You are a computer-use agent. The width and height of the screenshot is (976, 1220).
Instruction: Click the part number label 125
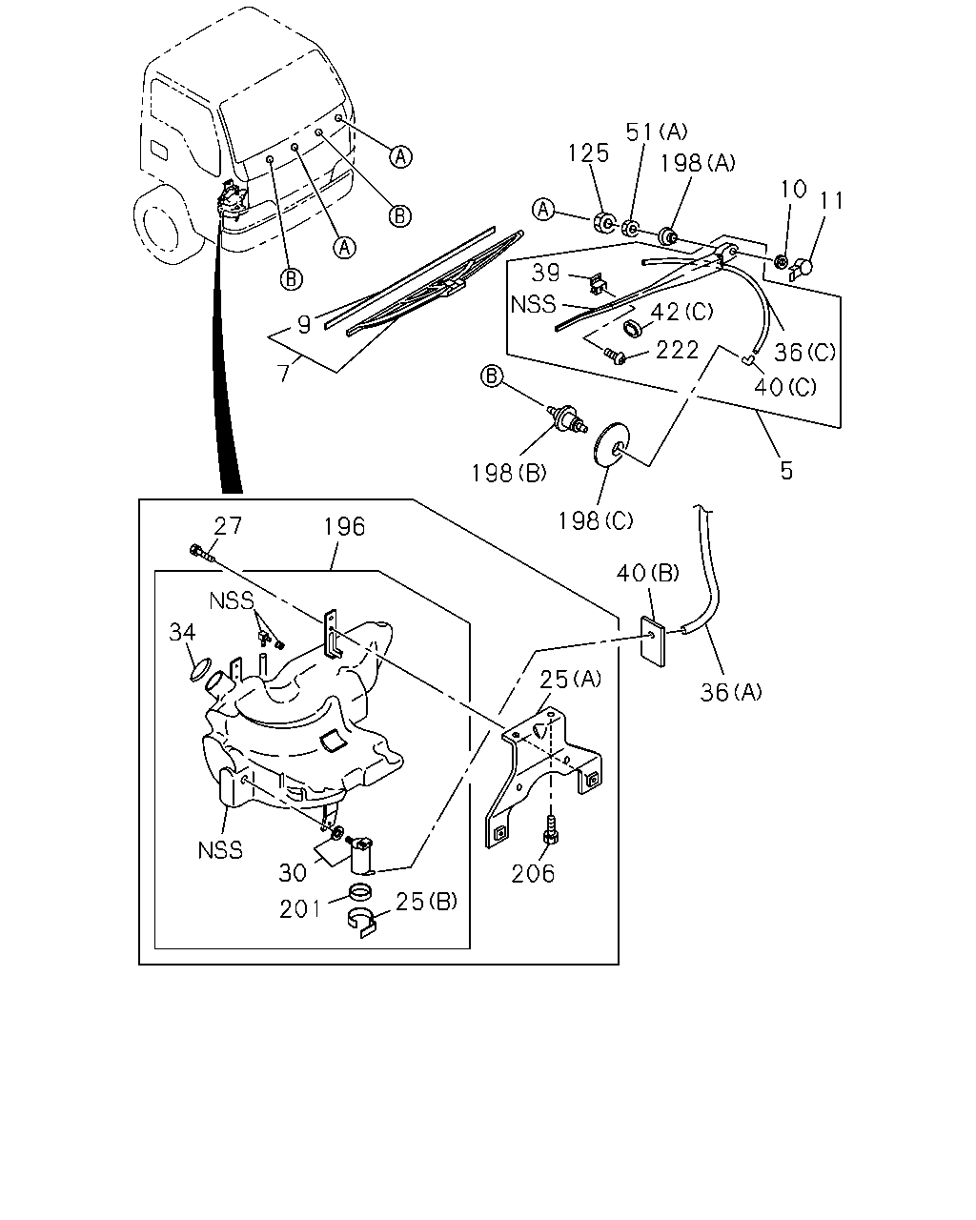point(589,153)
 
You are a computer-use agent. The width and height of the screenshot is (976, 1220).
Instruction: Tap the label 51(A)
point(656,132)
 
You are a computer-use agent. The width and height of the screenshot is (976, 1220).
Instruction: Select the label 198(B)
point(509,473)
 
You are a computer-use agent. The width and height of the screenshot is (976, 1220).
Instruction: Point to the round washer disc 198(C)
point(610,444)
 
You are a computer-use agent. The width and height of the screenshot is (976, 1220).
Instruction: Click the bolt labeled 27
point(201,552)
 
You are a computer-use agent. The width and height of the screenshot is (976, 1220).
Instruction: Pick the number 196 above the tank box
point(344,527)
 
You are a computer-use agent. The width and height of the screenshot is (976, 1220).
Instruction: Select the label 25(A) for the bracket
point(571,679)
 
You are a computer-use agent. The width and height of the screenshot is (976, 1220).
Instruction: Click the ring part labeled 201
point(360,892)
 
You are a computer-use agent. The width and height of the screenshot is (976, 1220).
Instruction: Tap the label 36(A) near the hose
point(730,692)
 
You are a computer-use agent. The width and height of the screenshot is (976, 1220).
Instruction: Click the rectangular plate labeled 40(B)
point(653,642)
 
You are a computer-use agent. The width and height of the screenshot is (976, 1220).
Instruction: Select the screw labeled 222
point(615,356)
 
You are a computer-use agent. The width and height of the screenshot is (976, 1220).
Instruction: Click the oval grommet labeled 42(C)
point(632,328)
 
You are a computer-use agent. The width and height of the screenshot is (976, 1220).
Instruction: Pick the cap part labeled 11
point(802,267)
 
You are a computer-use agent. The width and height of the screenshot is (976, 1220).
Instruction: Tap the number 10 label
point(793,189)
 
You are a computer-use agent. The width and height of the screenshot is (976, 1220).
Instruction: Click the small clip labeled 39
point(597,283)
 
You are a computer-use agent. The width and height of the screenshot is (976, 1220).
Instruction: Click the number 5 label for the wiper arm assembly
point(786,471)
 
